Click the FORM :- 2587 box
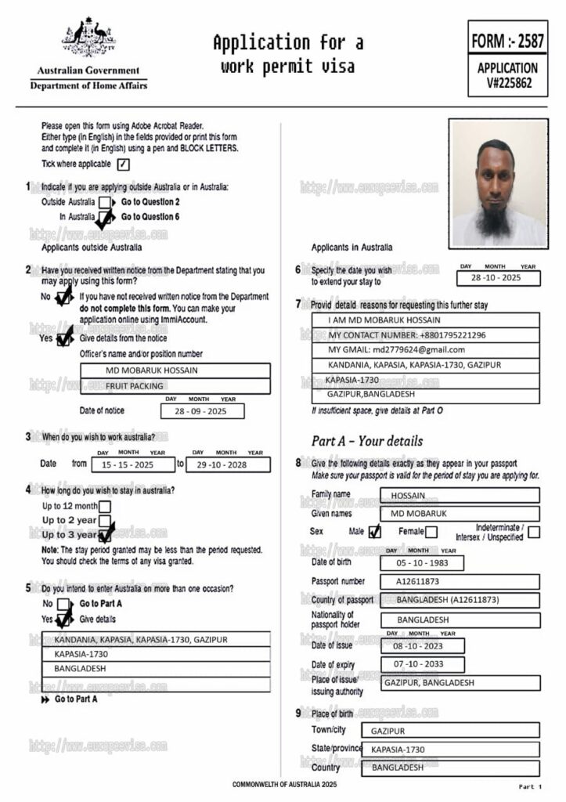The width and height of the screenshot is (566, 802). point(507,39)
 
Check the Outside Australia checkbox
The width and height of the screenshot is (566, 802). point(104,202)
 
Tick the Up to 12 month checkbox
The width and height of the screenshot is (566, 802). point(104,506)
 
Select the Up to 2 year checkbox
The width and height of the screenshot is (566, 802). point(104,520)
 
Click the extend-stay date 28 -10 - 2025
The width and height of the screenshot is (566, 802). point(499,278)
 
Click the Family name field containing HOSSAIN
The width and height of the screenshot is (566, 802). point(460,495)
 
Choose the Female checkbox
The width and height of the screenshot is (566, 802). point(431,533)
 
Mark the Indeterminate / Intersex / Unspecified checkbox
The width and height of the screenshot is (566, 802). point(533,533)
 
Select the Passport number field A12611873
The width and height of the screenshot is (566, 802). point(460,582)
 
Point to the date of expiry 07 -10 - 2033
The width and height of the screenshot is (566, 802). point(421,665)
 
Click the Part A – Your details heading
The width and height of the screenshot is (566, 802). point(366,441)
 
